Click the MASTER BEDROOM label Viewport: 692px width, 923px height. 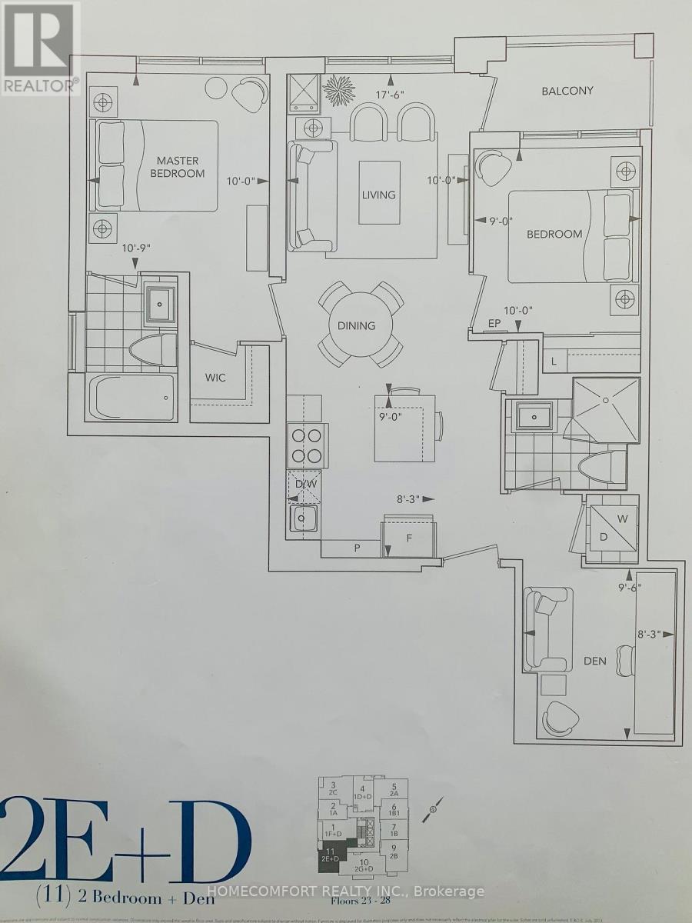(x=178, y=167)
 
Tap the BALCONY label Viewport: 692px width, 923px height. (x=567, y=91)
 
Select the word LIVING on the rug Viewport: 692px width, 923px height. (x=379, y=195)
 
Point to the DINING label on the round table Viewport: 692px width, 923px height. (x=356, y=325)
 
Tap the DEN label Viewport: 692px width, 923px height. (x=595, y=660)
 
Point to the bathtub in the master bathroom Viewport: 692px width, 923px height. (x=130, y=396)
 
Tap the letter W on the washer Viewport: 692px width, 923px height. (x=623, y=519)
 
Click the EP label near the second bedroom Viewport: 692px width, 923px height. (x=494, y=324)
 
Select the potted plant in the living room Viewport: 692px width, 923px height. (x=339, y=89)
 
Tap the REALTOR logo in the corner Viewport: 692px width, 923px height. (x=40, y=48)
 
